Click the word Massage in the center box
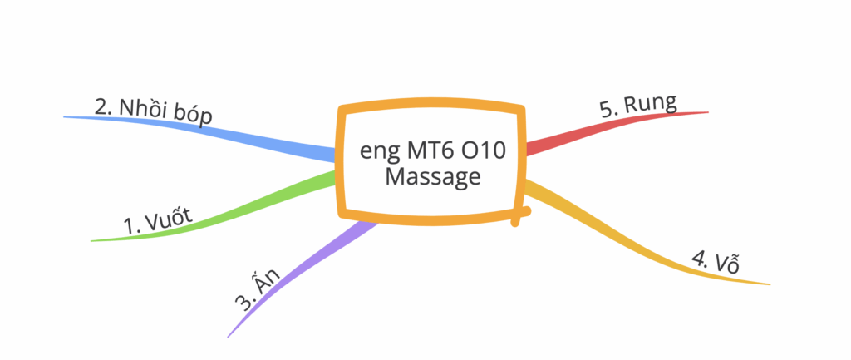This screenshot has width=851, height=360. point(433,177)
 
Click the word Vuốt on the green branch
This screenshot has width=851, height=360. point(168,219)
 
